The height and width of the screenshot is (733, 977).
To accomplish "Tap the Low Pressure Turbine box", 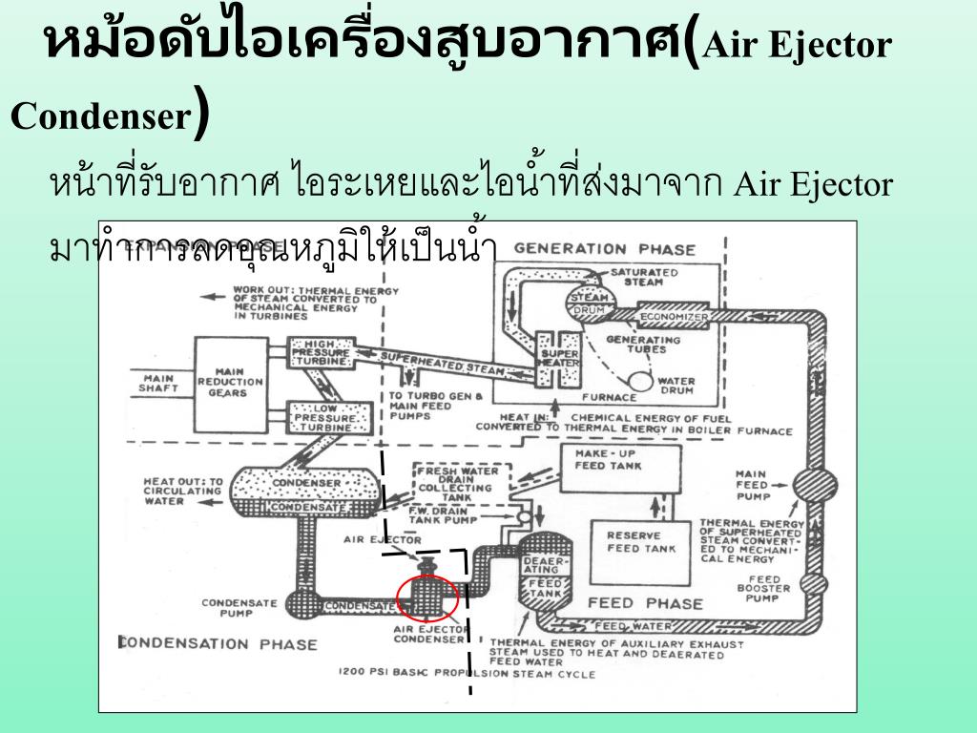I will point(322,416).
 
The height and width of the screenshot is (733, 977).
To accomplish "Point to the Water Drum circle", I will point(641,381).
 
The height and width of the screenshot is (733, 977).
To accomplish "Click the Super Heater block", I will point(554,358).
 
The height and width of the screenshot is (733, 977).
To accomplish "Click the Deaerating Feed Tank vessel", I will point(545,577).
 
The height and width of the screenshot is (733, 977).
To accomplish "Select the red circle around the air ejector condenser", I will point(427,598).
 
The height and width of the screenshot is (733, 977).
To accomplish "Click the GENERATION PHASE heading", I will point(605,249).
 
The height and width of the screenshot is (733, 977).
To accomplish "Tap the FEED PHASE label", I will point(645,603).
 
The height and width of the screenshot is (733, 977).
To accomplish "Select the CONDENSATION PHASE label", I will point(218,643).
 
